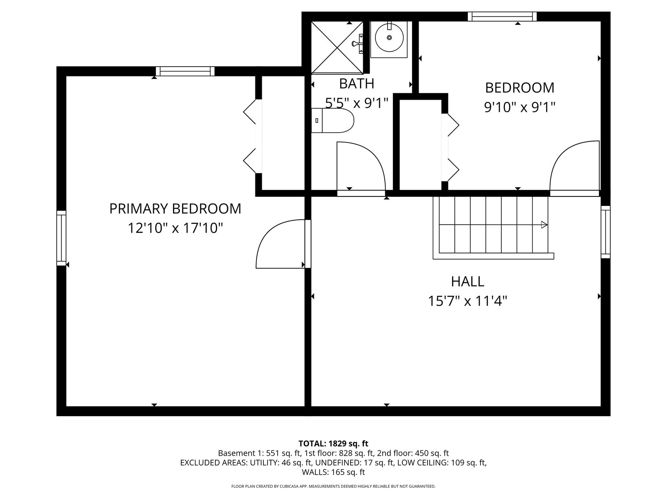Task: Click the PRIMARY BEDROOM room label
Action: (175, 209)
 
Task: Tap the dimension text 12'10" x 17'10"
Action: (176, 228)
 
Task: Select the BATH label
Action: (356, 84)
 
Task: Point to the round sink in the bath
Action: (389, 38)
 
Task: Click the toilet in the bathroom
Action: (332, 120)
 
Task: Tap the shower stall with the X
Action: (337, 47)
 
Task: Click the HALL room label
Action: (467, 282)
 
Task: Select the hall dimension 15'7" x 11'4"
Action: (467, 301)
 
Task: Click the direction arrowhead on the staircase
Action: (544, 225)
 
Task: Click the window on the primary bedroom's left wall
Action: (61, 238)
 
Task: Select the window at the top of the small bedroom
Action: (502, 16)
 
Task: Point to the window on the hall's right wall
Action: (606, 232)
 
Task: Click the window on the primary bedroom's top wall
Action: (185, 71)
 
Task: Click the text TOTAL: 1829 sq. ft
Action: (333, 444)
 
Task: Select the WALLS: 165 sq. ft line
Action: (333, 472)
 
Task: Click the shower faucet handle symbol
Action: (358, 44)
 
